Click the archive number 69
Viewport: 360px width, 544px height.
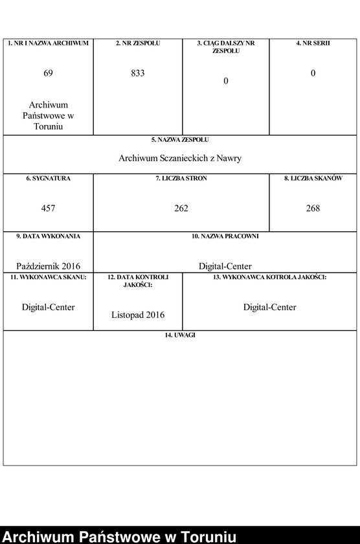click(x=48, y=74)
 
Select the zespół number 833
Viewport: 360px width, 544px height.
click(x=137, y=74)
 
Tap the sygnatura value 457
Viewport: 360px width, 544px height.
click(x=48, y=209)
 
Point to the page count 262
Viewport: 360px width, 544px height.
click(x=181, y=209)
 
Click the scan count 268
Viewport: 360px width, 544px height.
click(x=313, y=209)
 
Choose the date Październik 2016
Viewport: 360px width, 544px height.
click(x=49, y=266)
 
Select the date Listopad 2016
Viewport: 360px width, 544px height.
click(x=138, y=315)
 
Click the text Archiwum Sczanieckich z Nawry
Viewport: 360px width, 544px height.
click(x=180, y=158)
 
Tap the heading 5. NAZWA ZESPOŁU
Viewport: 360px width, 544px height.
click(x=180, y=140)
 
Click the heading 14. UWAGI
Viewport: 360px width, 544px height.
click(x=180, y=335)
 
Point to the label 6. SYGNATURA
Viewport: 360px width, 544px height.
click(x=49, y=178)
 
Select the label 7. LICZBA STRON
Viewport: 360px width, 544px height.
click(x=181, y=178)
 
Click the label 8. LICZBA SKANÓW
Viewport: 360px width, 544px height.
click(x=313, y=178)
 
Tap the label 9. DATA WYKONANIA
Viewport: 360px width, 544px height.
click(x=49, y=236)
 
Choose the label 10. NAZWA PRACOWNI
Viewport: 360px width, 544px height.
click(x=225, y=236)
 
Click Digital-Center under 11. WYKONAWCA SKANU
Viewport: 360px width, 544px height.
click(x=49, y=307)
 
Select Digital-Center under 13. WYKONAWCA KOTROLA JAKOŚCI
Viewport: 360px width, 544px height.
click(x=269, y=307)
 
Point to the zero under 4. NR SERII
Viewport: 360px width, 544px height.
click(x=313, y=74)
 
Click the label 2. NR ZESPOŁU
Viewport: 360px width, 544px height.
click(x=137, y=43)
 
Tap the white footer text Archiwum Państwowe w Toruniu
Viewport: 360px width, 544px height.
click(x=119, y=536)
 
